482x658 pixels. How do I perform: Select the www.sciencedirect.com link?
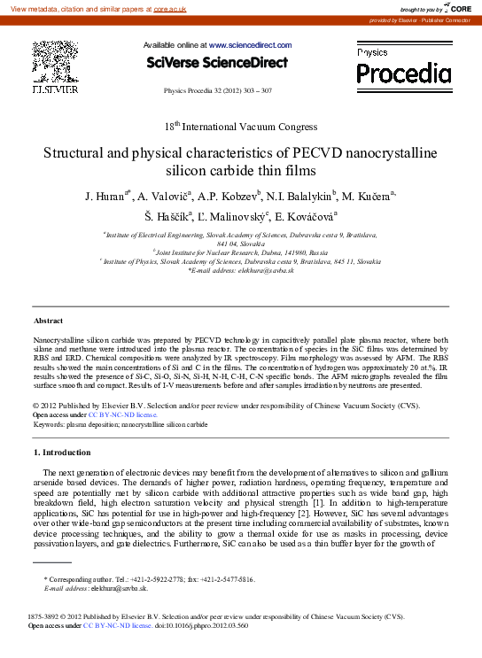[x=251, y=44]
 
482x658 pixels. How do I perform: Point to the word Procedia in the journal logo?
[x=403, y=72]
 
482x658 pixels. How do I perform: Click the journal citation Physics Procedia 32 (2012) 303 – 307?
[x=218, y=91]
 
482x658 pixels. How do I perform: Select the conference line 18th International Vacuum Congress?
[x=241, y=125]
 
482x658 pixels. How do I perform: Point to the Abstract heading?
[x=48, y=320]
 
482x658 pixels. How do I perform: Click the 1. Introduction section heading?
[x=68, y=453]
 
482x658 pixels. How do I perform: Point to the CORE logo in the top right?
[x=457, y=8]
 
